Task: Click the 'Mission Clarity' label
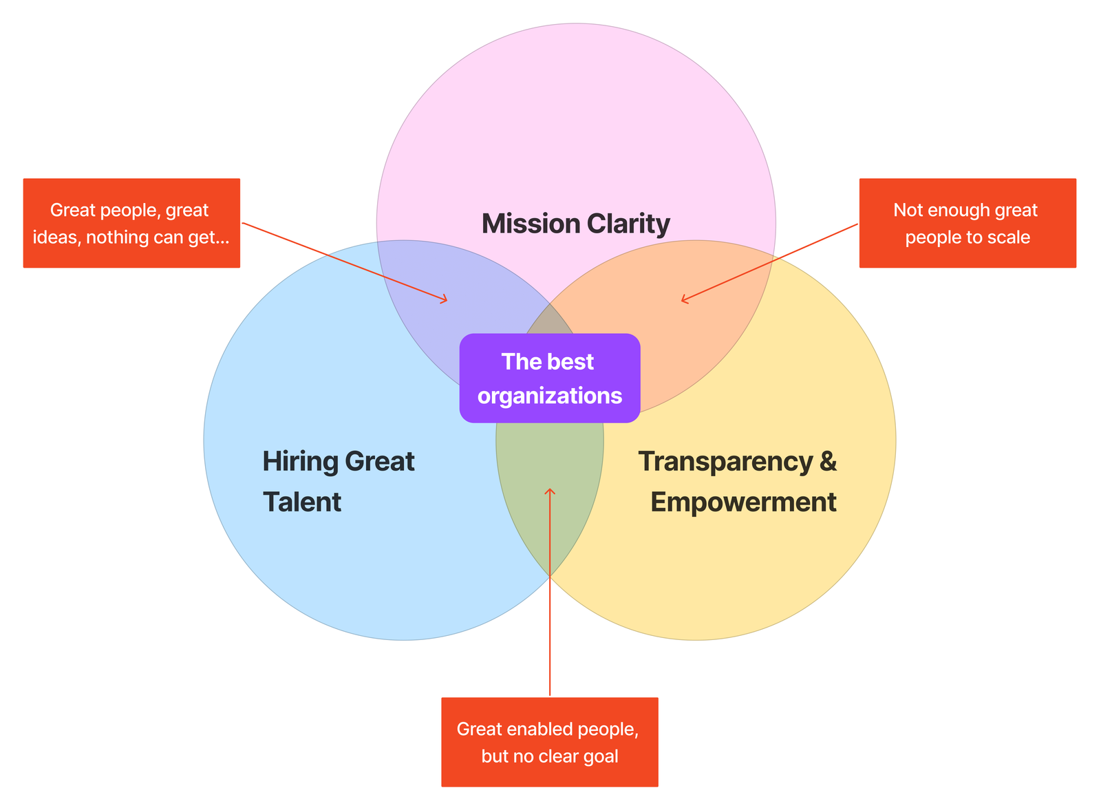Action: point(575,224)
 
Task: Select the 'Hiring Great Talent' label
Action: point(338,481)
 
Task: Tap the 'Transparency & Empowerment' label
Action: point(737,481)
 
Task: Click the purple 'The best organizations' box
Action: point(550,378)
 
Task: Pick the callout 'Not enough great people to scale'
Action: point(967,223)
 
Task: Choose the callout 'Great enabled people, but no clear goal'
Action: point(549,742)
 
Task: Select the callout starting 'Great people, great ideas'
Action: point(131,223)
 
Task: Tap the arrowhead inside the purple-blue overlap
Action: point(445,299)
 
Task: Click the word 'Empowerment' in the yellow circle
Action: point(743,502)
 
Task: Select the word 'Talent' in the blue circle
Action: point(302,502)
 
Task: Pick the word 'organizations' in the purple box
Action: point(550,396)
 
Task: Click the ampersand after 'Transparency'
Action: point(828,461)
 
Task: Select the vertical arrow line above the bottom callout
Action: point(550,619)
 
